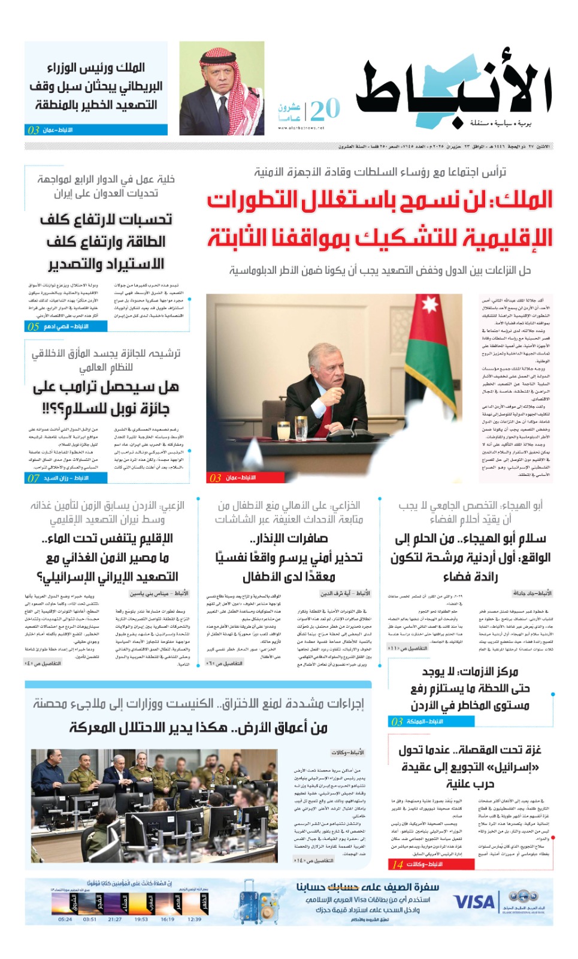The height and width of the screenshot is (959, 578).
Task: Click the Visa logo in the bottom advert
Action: click(474, 901)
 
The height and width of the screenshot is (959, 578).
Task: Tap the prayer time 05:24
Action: click(65, 919)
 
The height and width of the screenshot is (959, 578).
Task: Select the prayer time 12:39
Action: click(194, 919)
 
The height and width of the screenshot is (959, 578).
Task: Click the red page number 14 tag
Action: click(398, 864)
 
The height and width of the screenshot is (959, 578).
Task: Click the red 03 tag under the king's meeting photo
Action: click(216, 478)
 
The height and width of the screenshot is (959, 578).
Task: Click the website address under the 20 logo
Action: click(301, 128)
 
